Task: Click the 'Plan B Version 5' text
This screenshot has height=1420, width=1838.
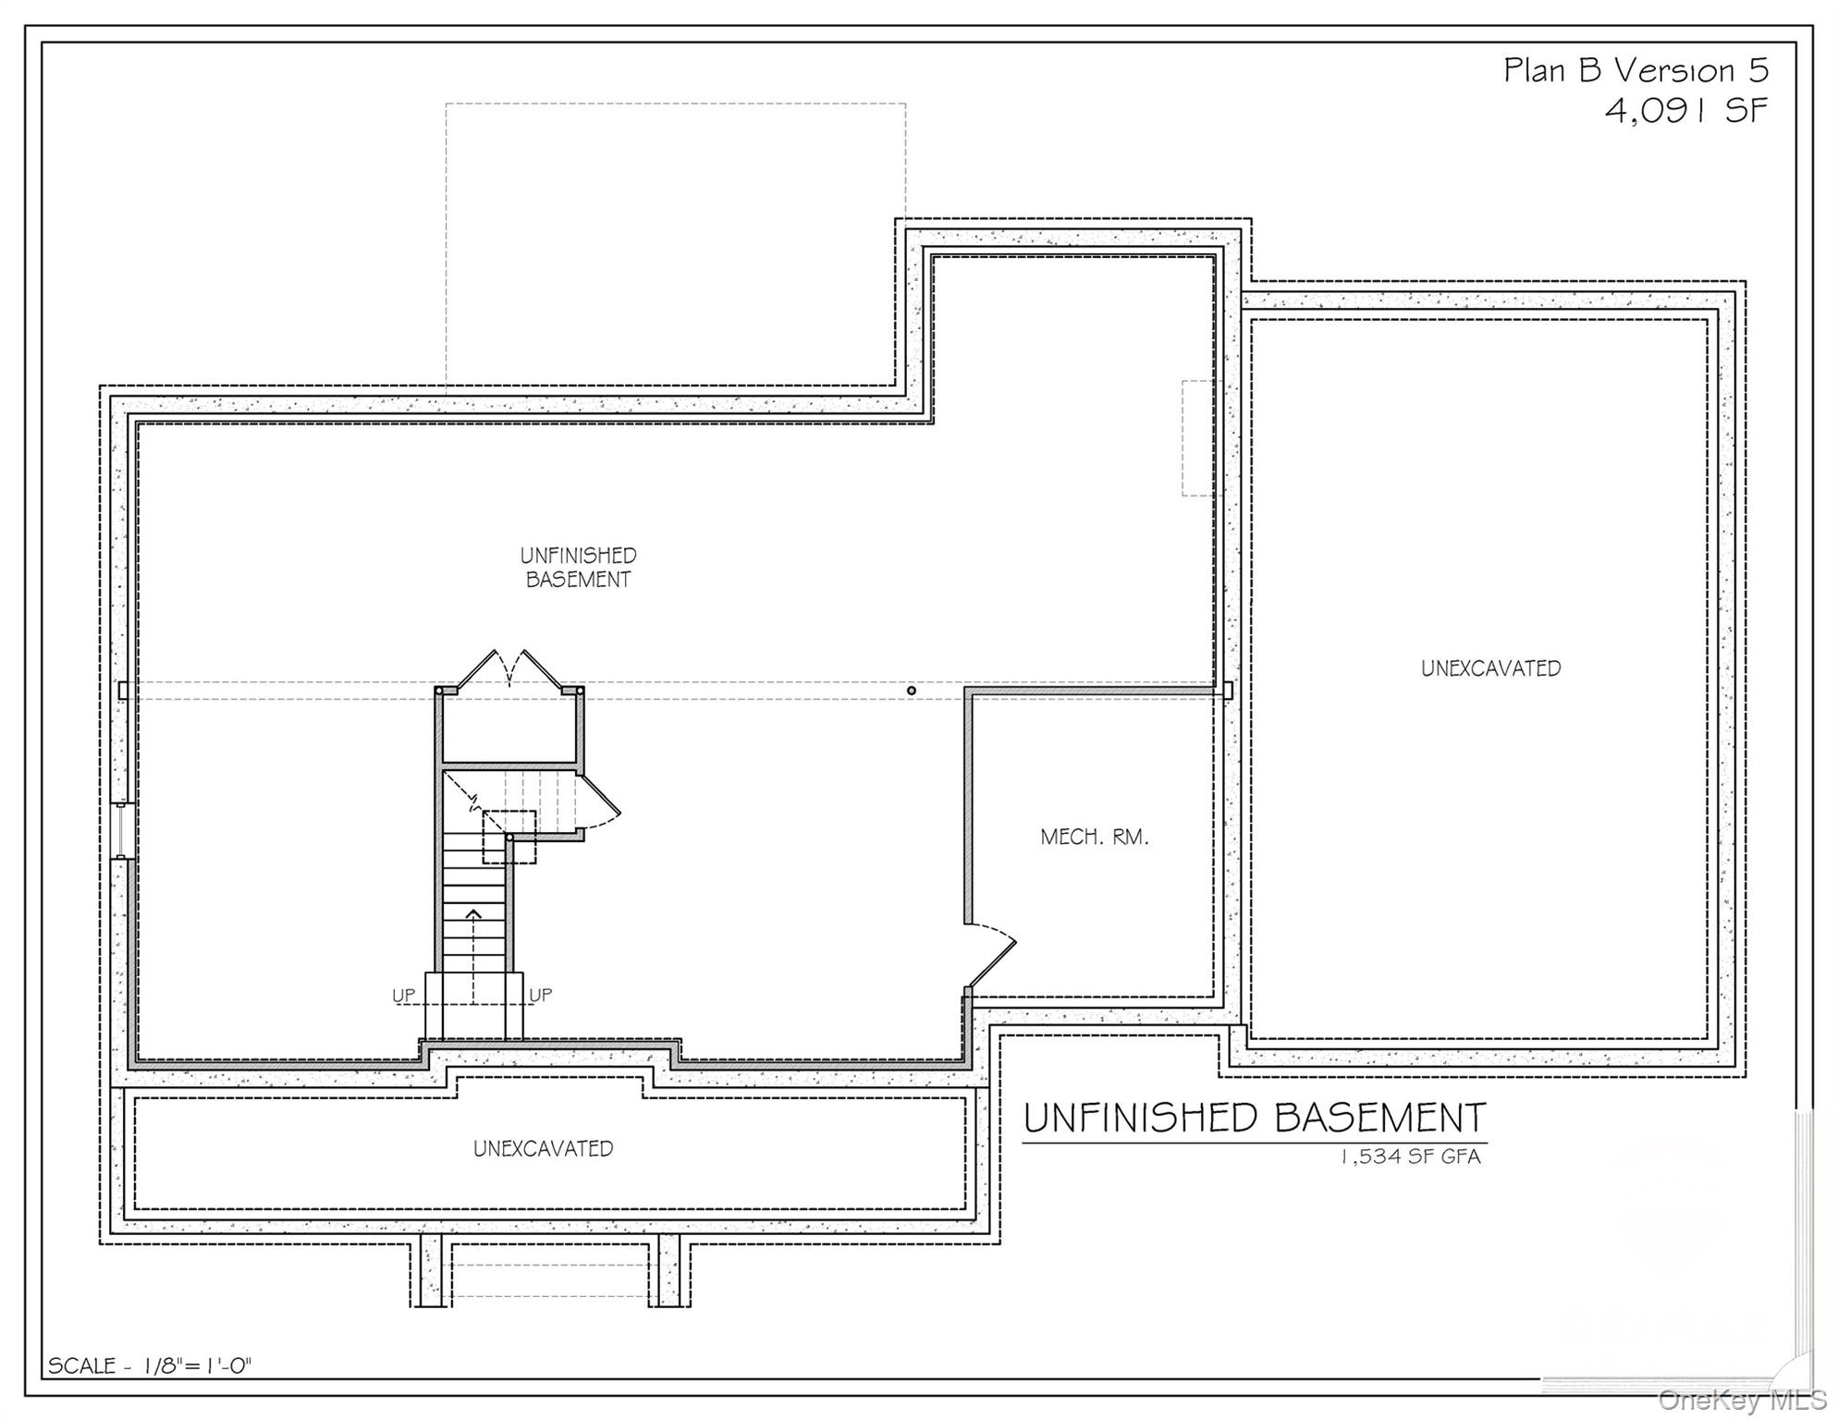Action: [1636, 70]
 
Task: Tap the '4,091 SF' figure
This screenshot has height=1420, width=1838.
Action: [1686, 111]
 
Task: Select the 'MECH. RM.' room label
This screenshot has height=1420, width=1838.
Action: [1094, 838]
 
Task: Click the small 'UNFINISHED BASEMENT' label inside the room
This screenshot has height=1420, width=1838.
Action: [578, 568]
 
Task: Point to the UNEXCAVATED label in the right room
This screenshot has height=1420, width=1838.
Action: [1490, 668]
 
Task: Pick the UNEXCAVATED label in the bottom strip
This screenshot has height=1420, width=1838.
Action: [543, 1148]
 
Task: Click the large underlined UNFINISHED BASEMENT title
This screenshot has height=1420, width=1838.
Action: [1254, 1118]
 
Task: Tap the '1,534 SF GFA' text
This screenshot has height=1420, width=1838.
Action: [1410, 1157]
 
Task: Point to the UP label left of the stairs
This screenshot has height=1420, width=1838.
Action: [403, 995]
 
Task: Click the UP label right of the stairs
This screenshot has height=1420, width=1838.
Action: [540, 995]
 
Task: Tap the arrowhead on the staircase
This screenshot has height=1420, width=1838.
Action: [473, 914]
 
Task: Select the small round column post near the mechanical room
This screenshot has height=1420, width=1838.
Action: [912, 691]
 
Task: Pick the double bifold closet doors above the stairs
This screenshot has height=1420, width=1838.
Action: [509, 667]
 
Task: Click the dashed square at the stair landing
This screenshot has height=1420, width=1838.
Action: [509, 837]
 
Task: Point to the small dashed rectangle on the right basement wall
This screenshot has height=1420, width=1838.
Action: [1198, 437]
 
